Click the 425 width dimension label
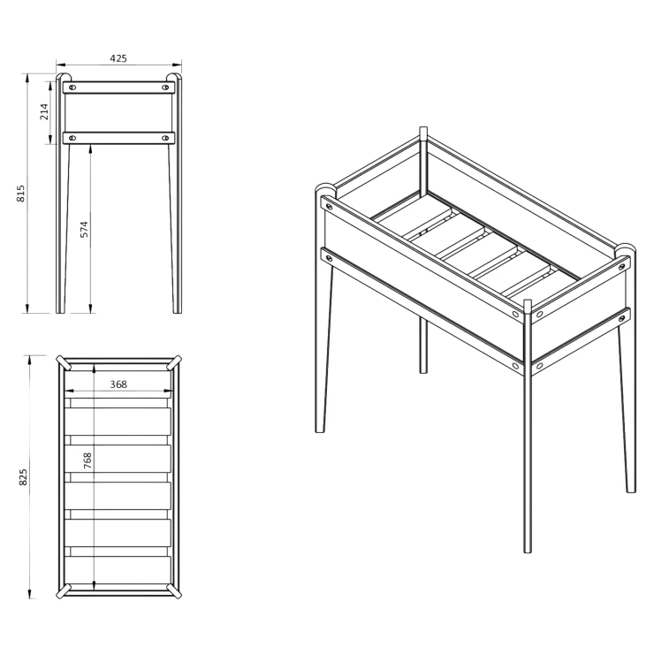click(x=118, y=58)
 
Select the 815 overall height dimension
click(x=21, y=194)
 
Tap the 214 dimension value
click(x=44, y=111)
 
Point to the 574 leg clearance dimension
click(x=84, y=230)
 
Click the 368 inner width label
click(x=118, y=384)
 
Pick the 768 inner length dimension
click(x=87, y=460)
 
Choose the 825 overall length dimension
click(x=23, y=476)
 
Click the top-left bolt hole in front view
click(x=72, y=87)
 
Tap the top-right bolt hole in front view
click(x=165, y=87)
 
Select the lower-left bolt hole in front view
click(x=72, y=138)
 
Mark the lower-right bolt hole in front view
click(x=165, y=138)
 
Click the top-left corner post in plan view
click(x=64, y=362)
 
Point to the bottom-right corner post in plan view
click(x=174, y=591)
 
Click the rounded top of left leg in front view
click(x=64, y=77)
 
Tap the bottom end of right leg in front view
click(x=178, y=312)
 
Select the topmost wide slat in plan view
click(x=118, y=422)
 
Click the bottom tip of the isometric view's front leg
click(x=528, y=551)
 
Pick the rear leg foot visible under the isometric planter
click(x=423, y=371)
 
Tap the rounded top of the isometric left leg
click(x=325, y=187)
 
